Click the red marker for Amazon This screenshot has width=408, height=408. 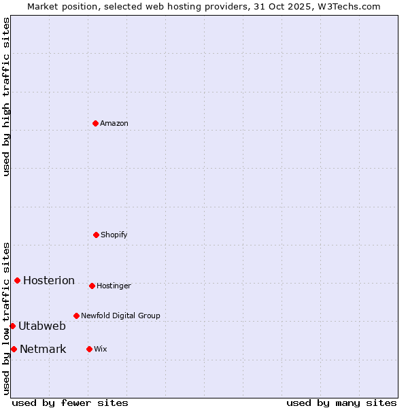tap(95, 123)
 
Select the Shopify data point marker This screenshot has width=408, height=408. tap(96, 235)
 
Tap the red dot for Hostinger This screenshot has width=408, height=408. tap(92, 286)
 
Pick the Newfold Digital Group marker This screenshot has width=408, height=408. tap(76, 316)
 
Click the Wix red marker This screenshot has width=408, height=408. tap(89, 349)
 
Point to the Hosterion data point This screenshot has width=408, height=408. tap(17, 280)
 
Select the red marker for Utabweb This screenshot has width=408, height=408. tap(12, 326)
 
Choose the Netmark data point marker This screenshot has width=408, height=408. tap(14, 349)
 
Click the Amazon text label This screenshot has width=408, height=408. tap(114, 123)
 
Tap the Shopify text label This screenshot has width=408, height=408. tap(114, 235)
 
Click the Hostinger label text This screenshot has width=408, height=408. tap(114, 286)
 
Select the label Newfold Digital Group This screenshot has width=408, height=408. tap(120, 316)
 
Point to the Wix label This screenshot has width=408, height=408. tap(101, 349)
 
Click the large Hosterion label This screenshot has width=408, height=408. tap(49, 280)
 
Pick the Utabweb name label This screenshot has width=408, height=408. tap(42, 326)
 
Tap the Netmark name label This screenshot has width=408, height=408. tap(43, 349)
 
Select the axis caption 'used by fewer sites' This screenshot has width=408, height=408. tap(70, 403)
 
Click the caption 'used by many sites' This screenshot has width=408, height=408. tap(341, 403)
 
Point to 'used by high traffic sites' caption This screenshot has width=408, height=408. tap(6, 97)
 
